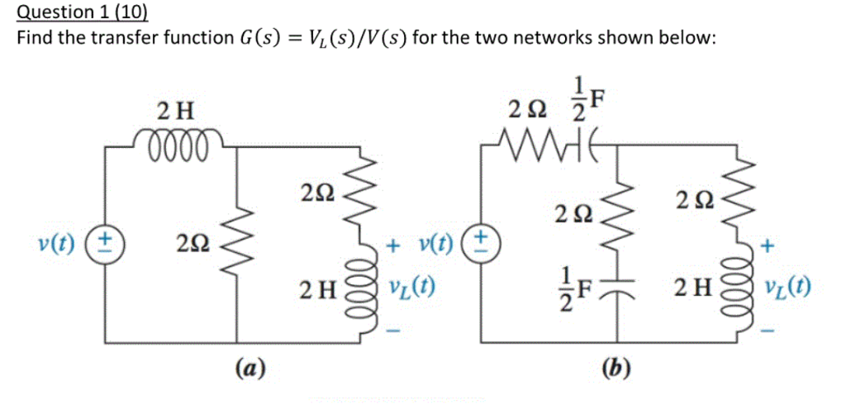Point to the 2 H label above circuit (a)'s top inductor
pos(175,108)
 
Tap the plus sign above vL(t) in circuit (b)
pos(769,245)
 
